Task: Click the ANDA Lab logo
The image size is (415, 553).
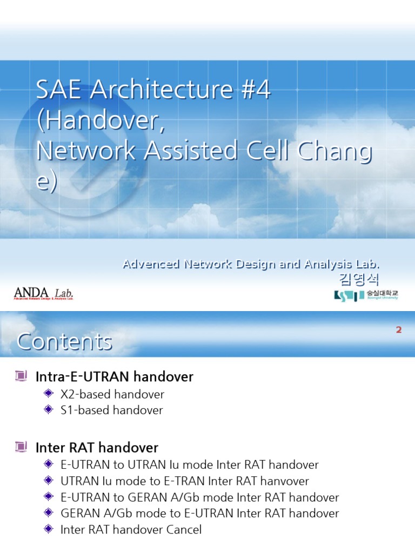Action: (x=43, y=293)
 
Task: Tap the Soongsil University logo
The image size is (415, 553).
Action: (x=366, y=295)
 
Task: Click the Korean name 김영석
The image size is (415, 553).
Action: (x=359, y=279)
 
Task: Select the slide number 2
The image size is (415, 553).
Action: (x=399, y=330)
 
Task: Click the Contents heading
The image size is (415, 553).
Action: (x=64, y=341)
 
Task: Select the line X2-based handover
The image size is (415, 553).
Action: (x=112, y=394)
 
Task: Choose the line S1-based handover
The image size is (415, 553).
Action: (x=111, y=410)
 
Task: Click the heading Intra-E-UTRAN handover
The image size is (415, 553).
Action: (x=114, y=376)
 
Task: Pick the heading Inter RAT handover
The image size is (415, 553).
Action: (x=97, y=448)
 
